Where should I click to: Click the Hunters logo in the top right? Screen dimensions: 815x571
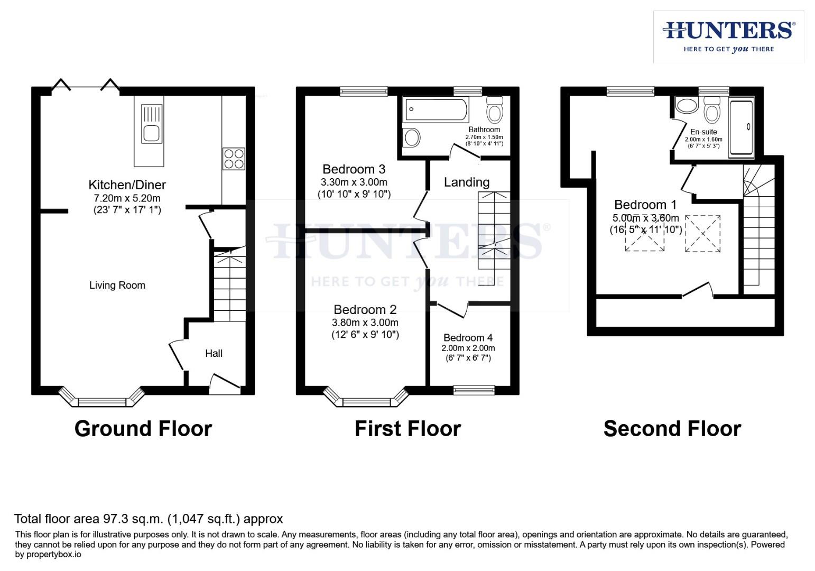coord(729,36)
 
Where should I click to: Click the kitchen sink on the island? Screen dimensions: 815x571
coord(152,133)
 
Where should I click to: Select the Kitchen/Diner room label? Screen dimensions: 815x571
coord(127,185)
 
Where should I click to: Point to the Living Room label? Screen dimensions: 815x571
coord(117,285)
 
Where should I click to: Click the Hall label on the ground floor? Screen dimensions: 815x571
coord(214,353)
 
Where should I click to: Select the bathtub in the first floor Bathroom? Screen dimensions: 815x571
coord(436,110)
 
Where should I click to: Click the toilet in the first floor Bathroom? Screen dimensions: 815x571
coord(495,110)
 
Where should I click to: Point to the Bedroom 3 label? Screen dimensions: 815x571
coord(354,169)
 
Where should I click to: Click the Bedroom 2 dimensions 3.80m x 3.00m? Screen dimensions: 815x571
coord(365,323)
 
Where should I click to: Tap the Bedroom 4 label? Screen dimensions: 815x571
coord(468,337)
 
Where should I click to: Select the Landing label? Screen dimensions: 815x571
coord(466,182)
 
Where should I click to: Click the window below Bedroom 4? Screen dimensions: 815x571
coord(474,390)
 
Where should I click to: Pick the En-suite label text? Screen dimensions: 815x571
coord(703,132)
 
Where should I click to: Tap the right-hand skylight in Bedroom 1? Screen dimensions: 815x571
coord(703,233)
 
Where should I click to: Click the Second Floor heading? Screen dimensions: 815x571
coord(672,428)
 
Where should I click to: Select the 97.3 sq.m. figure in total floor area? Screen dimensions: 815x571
coord(141,519)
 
